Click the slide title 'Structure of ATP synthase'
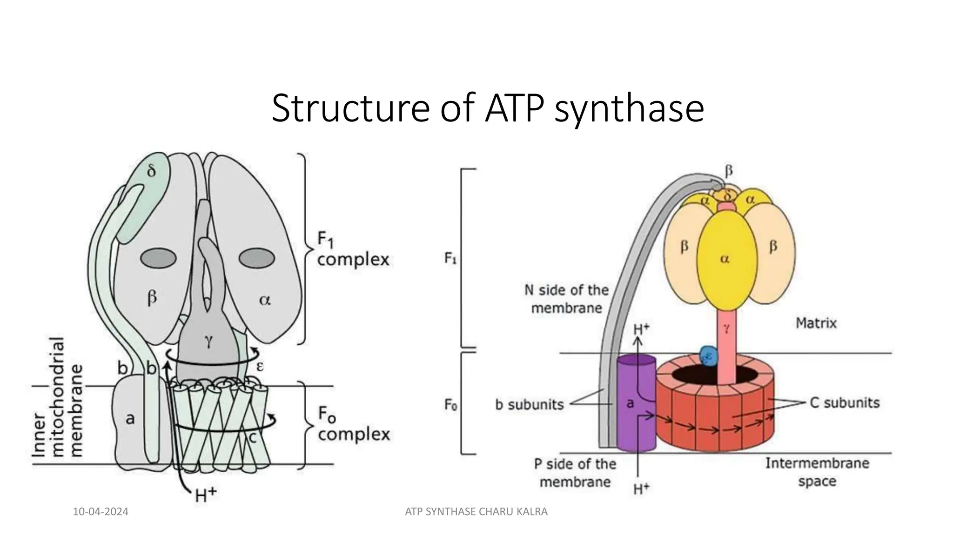[x=487, y=108]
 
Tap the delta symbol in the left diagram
[x=152, y=171]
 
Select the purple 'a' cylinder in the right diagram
[x=635, y=404]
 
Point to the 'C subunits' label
[x=845, y=402]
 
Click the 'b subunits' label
[x=529, y=405]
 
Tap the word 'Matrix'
[x=816, y=323]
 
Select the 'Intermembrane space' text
[x=817, y=472]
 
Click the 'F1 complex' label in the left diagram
[x=353, y=250]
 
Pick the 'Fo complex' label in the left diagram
[x=353, y=424]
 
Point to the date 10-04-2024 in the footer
[x=101, y=512]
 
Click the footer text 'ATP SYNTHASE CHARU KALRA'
[x=476, y=512]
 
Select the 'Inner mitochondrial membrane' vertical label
[x=58, y=397]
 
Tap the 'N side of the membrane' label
[x=566, y=299]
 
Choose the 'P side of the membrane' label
[x=575, y=473]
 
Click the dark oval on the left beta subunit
[x=159, y=260]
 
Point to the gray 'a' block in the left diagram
[x=130, y=419]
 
